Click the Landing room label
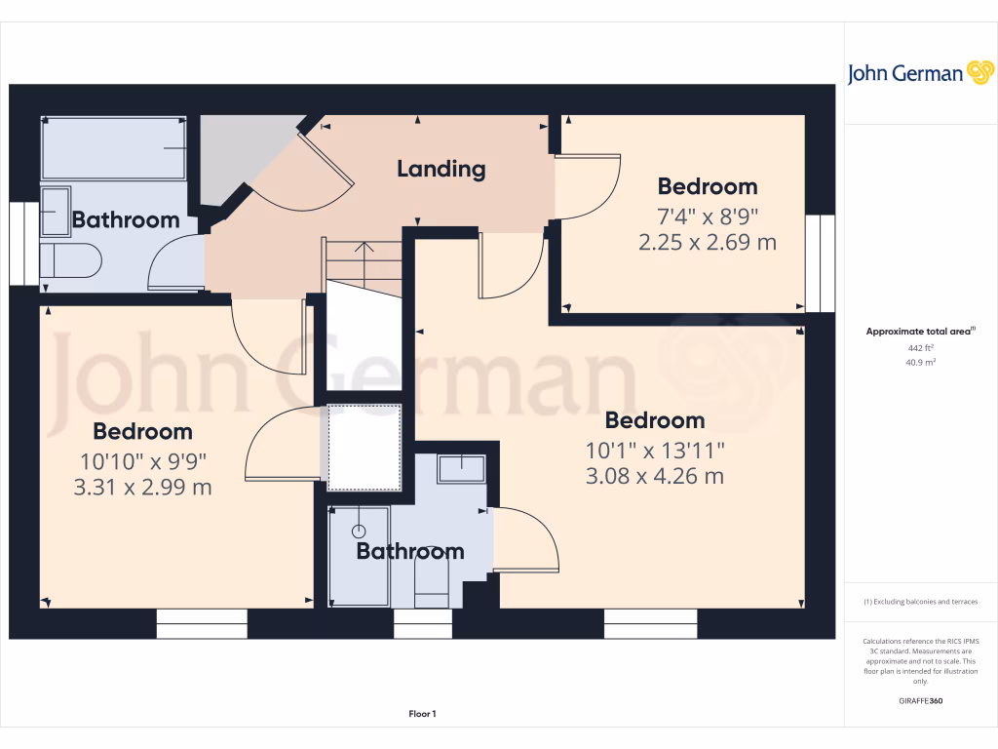click(441, 169)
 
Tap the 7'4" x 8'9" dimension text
click(707, 215)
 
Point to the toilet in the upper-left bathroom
click(70, 261)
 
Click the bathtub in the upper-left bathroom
click(113, 148)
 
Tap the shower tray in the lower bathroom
click(359, 554)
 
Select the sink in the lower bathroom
click(461, 469)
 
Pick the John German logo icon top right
click(979, 73)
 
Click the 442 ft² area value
click(921, 347)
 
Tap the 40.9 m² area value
click(921, 362)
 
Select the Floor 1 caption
click(422, 715)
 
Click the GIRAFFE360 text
click(921, 700)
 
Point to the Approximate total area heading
click(920, 332)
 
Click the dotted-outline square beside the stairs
click(364, 447)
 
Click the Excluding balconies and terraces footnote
click(921, 602)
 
